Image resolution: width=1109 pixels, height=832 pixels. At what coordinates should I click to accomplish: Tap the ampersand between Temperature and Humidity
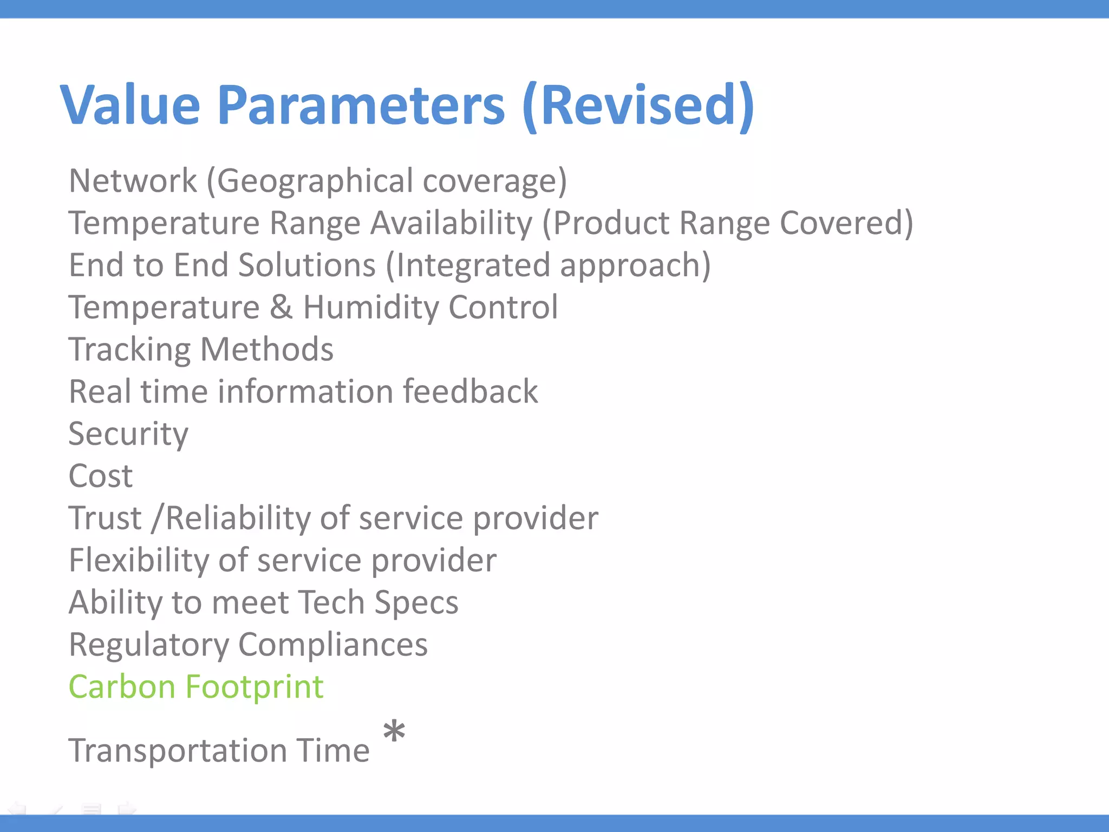pyautogui.click(x=281, y=307)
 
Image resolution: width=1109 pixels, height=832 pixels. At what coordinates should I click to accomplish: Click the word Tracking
pyautogui.click(x=129, y=350)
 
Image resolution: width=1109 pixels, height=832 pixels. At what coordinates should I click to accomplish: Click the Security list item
pyautogui.click(x=128, y=434)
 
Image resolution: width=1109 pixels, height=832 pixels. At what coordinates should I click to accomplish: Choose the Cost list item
pyautogui.click(x=101, y=476)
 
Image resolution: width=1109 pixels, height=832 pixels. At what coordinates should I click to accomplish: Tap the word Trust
pyautogui.click(x=105, y=518)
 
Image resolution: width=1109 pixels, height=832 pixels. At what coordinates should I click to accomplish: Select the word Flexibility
pyautogui.click(x=139, y=561)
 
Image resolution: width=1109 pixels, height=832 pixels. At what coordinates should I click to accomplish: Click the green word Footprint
pyautogui.click(x=255, y=687)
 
